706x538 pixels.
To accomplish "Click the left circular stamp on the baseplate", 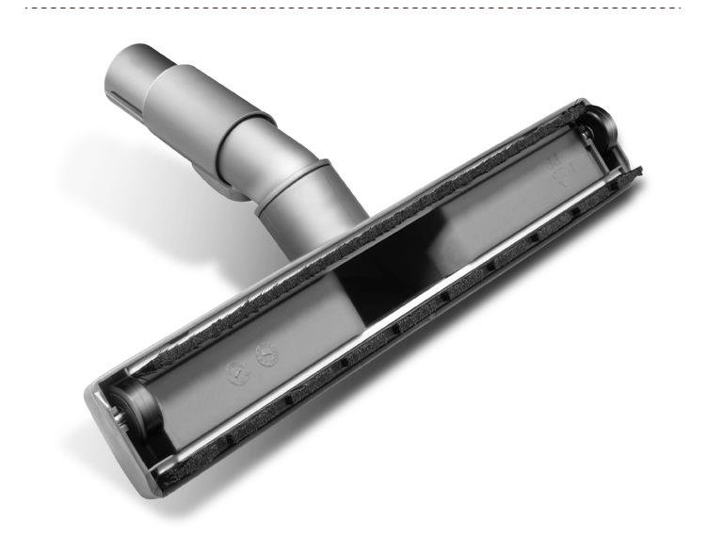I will pyautogui.click(x=235, y=369).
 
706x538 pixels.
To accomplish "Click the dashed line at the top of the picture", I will pyautogui.click(x=353, y=8).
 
